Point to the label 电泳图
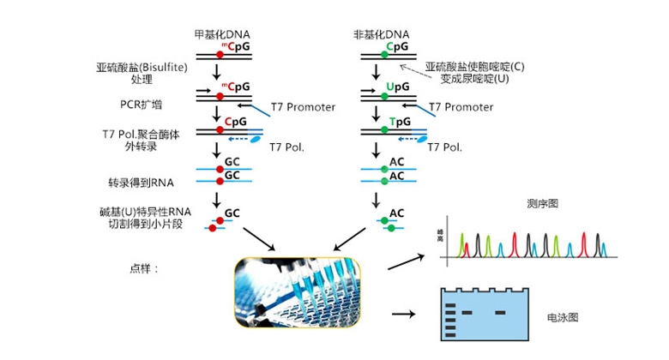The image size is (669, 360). click(x=563, y=316)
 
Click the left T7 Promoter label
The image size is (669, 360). click(x=303, y=107)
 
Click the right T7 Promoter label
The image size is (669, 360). click(x=461, y=107)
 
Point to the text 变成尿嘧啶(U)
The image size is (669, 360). click(x=467, y=78)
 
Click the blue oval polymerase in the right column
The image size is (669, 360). click(x=424, y=138)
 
